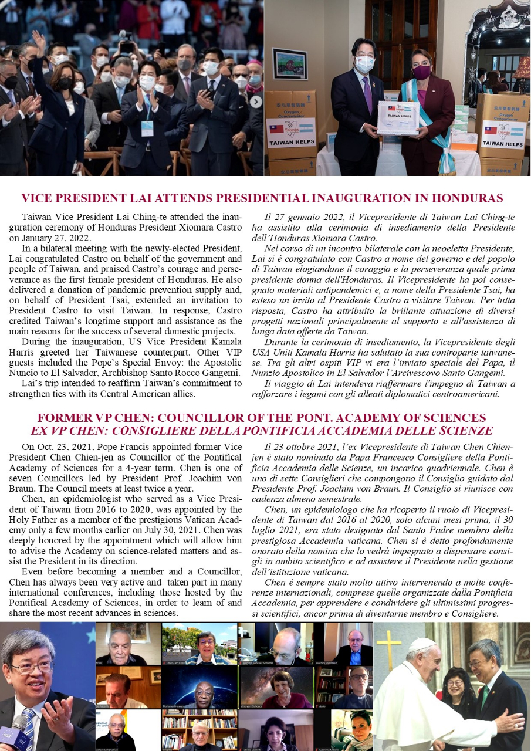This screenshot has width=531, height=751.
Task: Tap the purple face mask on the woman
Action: [x=421, y=72]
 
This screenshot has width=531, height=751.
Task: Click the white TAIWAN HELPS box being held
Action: [x=398, y=117]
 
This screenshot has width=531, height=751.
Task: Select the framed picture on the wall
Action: [x=290, y=64]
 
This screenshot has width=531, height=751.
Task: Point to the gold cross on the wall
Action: [x=388, y=648]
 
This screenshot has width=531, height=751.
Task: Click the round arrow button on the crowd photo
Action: [x=256, y=101]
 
